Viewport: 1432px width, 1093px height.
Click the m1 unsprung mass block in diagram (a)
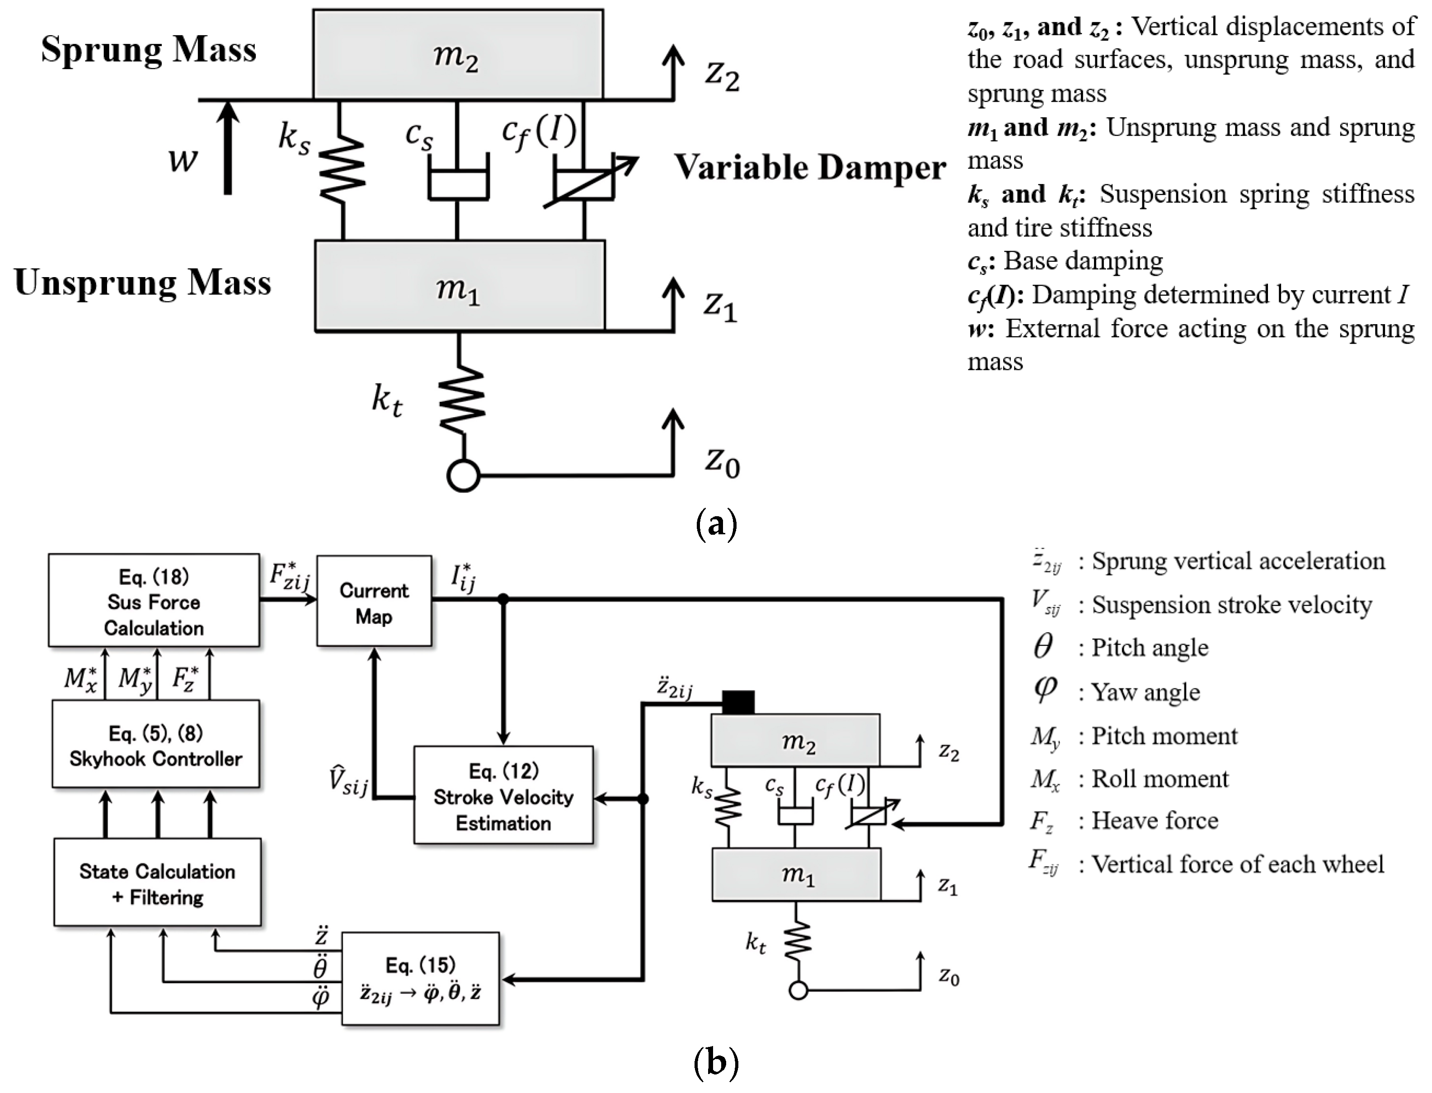460,286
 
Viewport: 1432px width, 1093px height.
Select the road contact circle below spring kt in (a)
464,476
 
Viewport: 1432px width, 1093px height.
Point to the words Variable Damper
810,168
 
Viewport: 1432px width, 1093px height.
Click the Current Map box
374,601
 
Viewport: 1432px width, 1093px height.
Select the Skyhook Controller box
155,744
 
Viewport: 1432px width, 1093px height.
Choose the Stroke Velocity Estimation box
503,795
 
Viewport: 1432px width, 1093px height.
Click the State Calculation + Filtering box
157,882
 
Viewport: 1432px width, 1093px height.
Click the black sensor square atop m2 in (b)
738,702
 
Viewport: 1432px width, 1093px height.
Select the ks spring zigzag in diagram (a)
342,170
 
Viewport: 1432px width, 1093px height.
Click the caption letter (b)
716,1063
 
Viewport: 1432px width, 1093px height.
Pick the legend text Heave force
1154,820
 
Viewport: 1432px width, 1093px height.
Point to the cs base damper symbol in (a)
458,184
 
